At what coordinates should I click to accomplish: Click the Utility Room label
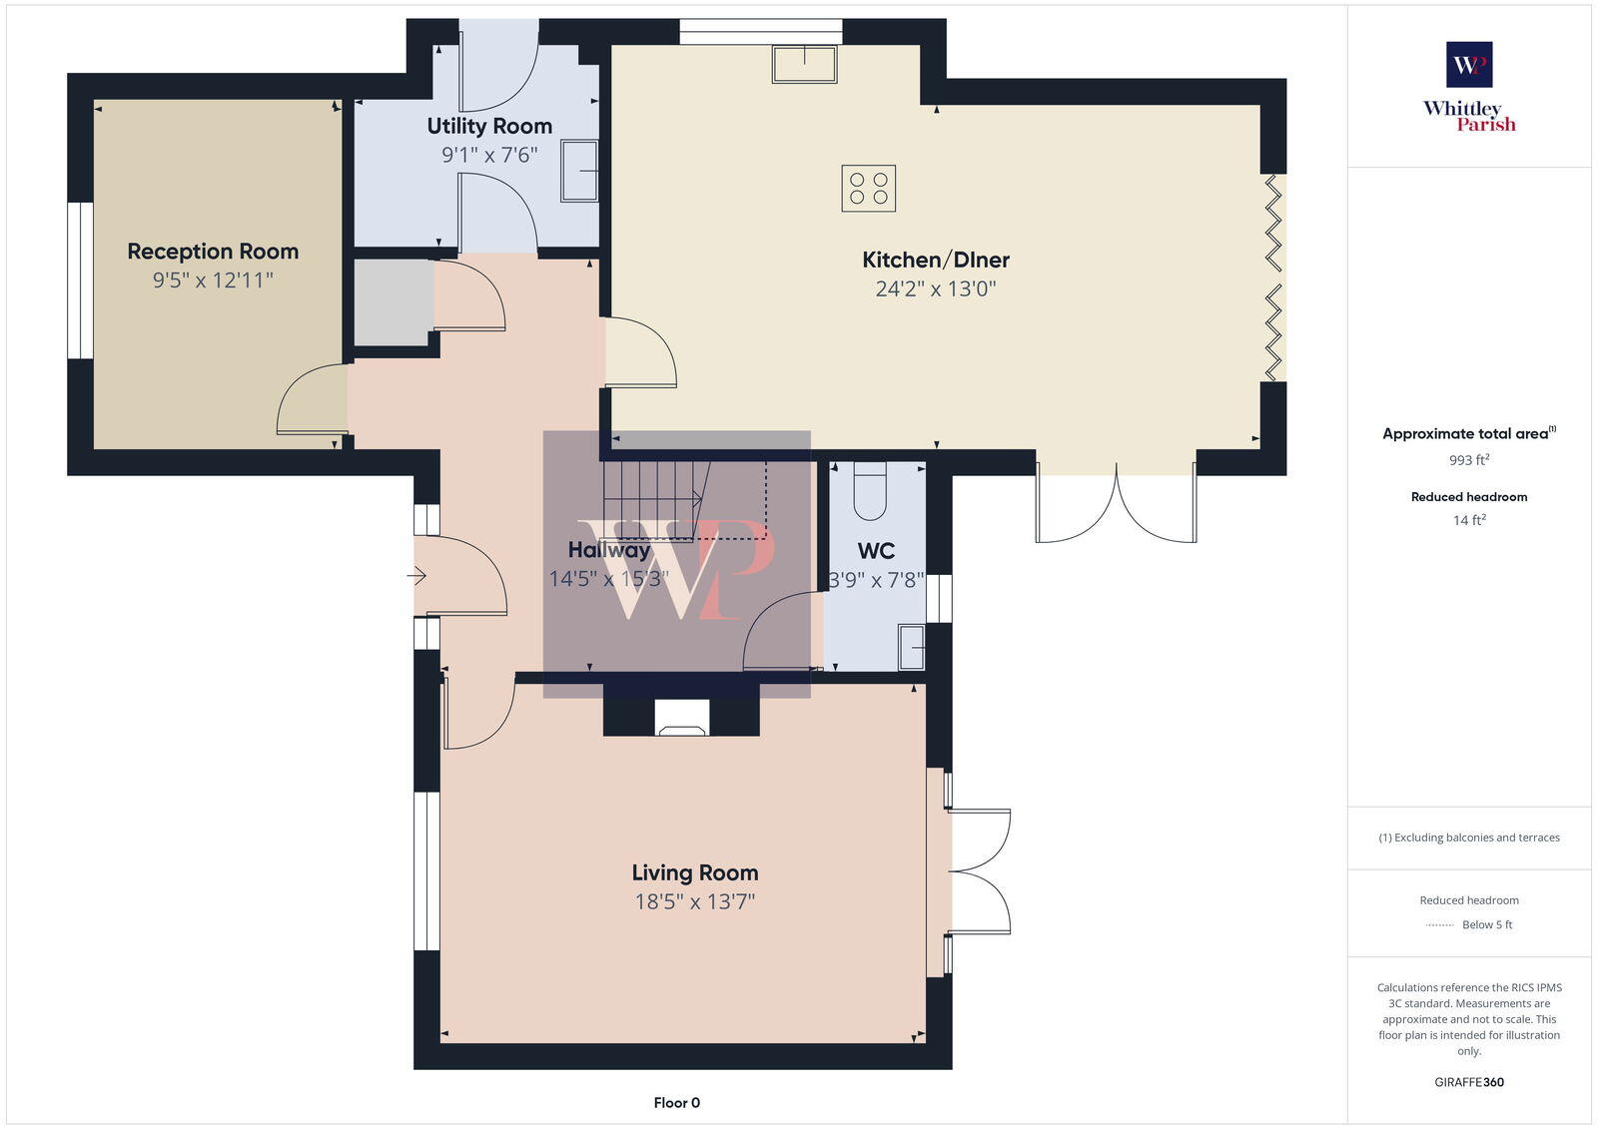coord(489,126)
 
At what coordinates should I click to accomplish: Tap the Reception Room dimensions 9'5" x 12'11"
coord(213,281)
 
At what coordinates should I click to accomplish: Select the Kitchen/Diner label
coord(936,260)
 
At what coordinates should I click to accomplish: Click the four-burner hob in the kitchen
coord(868,188)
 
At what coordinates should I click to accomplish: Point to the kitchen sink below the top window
coord(804,65)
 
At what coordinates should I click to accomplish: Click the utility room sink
coord(578,171)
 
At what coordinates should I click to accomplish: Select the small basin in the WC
coord(911,646)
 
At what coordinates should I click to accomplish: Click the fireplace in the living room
coord(682,718)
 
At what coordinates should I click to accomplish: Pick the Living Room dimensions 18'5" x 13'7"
coord(694,902)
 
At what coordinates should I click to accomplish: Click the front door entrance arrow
coord(417,576)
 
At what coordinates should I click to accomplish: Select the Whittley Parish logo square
coord(1469,65)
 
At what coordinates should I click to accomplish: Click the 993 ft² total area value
coord(1469,460)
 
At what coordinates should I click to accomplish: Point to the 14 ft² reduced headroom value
coord(1469,520)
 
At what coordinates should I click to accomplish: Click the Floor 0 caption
coord(676,1103)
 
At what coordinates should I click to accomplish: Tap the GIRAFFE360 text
coord(1469,1082)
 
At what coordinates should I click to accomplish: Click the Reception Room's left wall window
coord(80,281)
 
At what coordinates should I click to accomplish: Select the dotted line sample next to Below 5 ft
coord(1439,925)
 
